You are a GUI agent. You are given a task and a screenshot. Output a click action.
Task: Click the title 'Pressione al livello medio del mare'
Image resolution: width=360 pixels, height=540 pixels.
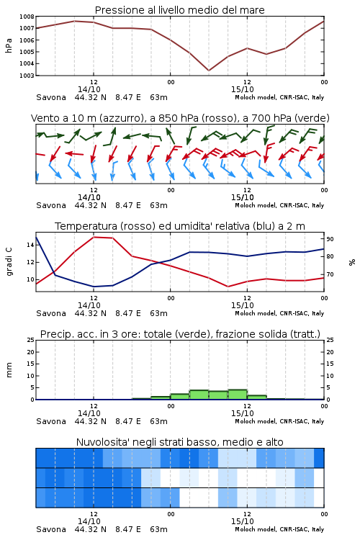tap(179, 10)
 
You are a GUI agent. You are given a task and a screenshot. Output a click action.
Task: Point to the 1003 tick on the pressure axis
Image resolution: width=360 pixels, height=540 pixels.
tap(27, 76)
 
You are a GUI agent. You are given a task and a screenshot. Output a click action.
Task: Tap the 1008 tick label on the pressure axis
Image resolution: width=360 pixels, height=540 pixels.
tap(27, 17)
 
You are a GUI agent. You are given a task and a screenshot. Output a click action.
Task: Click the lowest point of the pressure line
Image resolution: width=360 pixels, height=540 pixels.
tap(208, 71)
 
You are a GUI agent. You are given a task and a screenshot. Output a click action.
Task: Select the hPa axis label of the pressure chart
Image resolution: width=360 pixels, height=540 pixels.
tap(9, 45)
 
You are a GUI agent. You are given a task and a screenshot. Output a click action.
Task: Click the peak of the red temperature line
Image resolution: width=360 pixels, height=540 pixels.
tap(94, 237)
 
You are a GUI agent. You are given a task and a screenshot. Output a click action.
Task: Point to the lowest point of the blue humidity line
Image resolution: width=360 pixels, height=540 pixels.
tap(94, 287)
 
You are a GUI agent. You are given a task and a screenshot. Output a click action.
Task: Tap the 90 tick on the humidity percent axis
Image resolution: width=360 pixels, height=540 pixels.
tap(330, 239)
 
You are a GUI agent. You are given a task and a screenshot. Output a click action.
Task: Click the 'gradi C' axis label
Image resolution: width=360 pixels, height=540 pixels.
tap(9, 261)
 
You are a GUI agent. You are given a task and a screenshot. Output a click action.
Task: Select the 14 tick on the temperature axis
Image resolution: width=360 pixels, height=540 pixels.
tap(30, 245)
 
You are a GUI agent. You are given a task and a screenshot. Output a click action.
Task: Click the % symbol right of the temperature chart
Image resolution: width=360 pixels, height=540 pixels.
tap(352, 262)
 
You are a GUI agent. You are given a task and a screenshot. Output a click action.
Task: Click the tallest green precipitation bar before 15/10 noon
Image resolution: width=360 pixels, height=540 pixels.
tap(238, 395)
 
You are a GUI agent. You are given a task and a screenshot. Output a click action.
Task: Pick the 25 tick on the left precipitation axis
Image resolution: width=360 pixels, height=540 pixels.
tap(30, 340)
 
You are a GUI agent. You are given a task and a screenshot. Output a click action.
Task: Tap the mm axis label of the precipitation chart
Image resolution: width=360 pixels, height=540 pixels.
tap(9, 369)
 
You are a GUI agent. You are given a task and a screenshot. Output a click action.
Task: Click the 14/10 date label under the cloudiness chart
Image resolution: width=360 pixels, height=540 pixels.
tap(89, 521)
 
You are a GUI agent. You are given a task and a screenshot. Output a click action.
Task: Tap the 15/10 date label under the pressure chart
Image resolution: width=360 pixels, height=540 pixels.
tap(243, 89)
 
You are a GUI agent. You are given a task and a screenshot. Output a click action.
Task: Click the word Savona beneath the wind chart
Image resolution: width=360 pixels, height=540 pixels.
tap(51, 205)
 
